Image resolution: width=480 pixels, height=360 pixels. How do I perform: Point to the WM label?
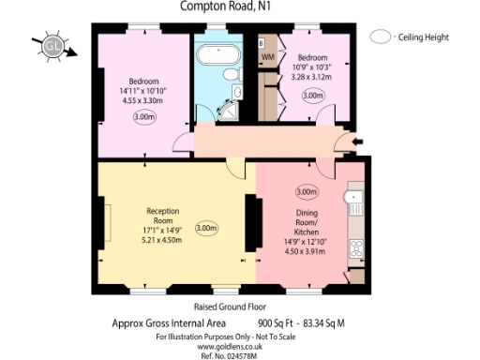[267, 58]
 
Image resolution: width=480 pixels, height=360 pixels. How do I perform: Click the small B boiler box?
[261, 44]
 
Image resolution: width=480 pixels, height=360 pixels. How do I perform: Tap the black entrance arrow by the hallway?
[360, 142]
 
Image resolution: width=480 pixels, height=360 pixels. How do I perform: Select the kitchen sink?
[355, 198]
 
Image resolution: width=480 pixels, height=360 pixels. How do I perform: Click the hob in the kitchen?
[355, 248]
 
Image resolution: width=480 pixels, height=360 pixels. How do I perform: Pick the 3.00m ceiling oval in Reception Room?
[205, 228]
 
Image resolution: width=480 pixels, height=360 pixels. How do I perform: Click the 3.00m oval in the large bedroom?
[144, 117]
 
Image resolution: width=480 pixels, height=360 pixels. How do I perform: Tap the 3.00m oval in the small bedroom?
[311, 95]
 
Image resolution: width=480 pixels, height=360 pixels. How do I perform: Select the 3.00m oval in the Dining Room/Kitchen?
[306, 191]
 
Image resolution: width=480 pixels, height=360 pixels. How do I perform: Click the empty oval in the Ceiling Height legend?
[381, 37]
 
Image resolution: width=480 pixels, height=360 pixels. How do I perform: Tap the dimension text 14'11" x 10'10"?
[142, 91]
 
